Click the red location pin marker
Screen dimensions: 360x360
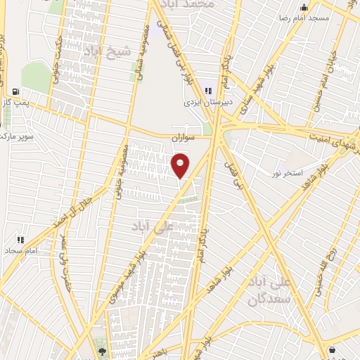(181, 165)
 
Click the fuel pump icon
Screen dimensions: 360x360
(15, 92)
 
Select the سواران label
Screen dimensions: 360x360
(181, 139)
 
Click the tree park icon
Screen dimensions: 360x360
(103, 351)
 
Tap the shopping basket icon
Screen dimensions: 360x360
(331, 349)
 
